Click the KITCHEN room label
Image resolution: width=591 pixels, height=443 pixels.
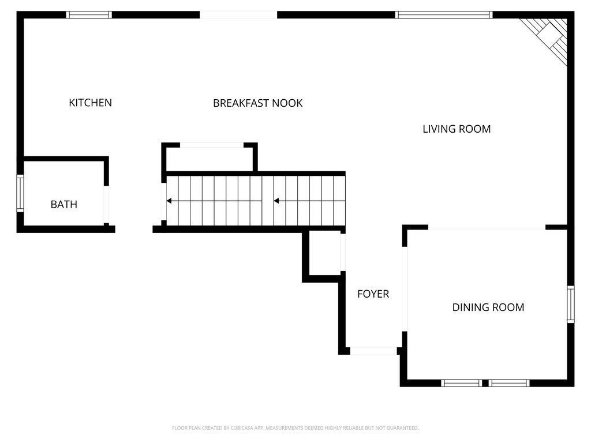coord(90,103)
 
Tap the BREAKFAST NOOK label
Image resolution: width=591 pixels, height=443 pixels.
coord(257,103)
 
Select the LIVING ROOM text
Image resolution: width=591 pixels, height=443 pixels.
coord(457,129)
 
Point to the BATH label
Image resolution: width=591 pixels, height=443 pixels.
coord(63,204)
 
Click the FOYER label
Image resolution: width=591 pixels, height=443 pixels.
coord(373,294)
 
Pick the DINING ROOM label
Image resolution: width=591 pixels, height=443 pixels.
coord(488,307)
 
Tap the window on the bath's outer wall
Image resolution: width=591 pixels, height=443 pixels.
coord(20,194)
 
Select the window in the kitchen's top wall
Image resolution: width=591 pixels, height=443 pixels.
coord(89,15)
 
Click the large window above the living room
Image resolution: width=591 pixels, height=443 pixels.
coord(443,15)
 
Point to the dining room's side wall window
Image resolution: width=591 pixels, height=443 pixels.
coord(570,304)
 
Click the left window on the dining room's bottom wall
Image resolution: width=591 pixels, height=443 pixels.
coord(461,382)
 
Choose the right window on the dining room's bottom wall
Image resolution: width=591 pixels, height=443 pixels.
coord(509,382)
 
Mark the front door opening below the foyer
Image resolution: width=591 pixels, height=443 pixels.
coord(373,350)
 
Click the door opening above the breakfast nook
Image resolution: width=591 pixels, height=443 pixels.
coord(238,15)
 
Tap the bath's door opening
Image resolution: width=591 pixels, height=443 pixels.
coord(106,205)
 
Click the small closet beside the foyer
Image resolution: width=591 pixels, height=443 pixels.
coord(324,253)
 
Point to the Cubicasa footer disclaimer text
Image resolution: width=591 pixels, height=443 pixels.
coord(295,428)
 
